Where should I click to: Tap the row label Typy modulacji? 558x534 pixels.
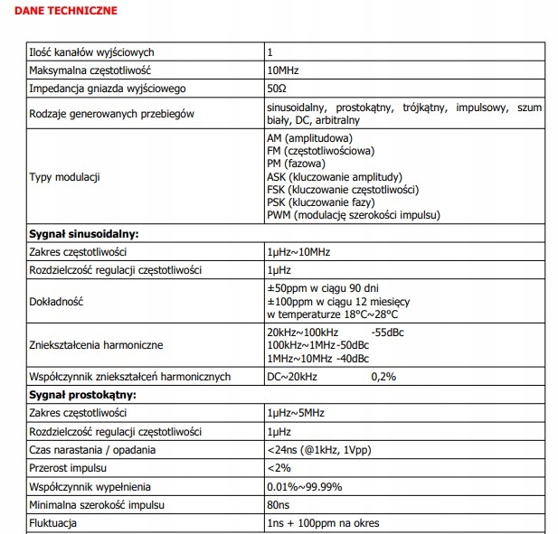click(x=64, y=176)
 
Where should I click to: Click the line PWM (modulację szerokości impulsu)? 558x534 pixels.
click(x=354, y=215)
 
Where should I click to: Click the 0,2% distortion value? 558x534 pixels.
click(x=383, y=377)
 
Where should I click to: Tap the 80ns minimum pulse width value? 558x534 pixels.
click(x=279, y=505)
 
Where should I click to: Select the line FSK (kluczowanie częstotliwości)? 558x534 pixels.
click(x=342, y=190)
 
